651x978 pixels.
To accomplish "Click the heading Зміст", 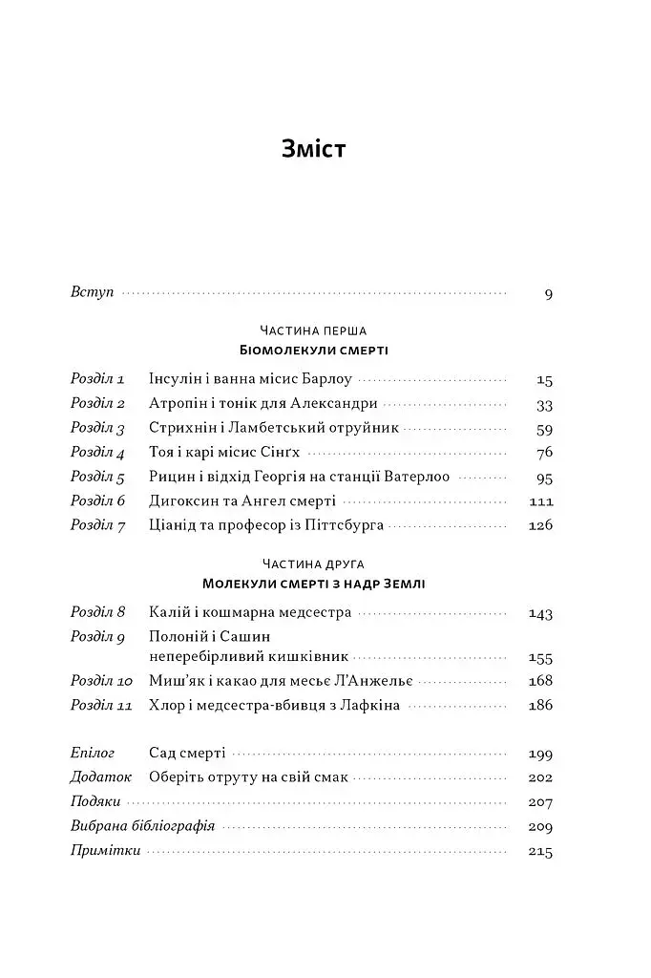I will (313, 150).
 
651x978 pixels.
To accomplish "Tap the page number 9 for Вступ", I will (548, 293).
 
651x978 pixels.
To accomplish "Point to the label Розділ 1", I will (97, 378).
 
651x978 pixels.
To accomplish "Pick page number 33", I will (544, 403).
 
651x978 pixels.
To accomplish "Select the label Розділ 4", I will (98, 453).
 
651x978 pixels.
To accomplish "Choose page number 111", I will (540, 501).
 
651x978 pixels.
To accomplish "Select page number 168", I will (540, 682).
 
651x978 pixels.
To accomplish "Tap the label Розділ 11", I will (101, 706).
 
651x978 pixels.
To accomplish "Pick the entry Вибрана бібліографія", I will (142, 825).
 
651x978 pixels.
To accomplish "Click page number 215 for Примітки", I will (540, 850).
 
